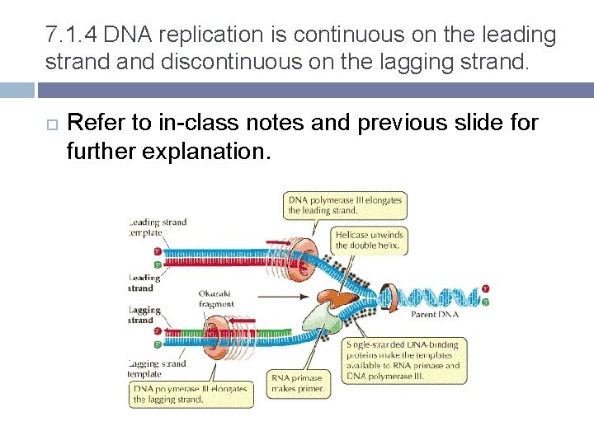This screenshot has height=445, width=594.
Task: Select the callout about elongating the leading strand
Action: click(345, 204)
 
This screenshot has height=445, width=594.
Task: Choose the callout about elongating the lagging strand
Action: click(189, 393)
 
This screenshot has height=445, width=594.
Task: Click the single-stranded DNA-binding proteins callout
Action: click(403, 359)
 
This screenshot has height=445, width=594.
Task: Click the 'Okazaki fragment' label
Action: click(215, 298)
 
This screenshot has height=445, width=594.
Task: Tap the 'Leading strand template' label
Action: click(157, 227)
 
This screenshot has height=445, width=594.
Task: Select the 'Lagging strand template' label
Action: click(157, 368)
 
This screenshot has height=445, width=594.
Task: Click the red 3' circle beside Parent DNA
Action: click(486, 288)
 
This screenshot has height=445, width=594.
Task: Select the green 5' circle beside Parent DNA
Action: click(486, 302)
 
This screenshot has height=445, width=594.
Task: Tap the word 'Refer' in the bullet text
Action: click(92, 124)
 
